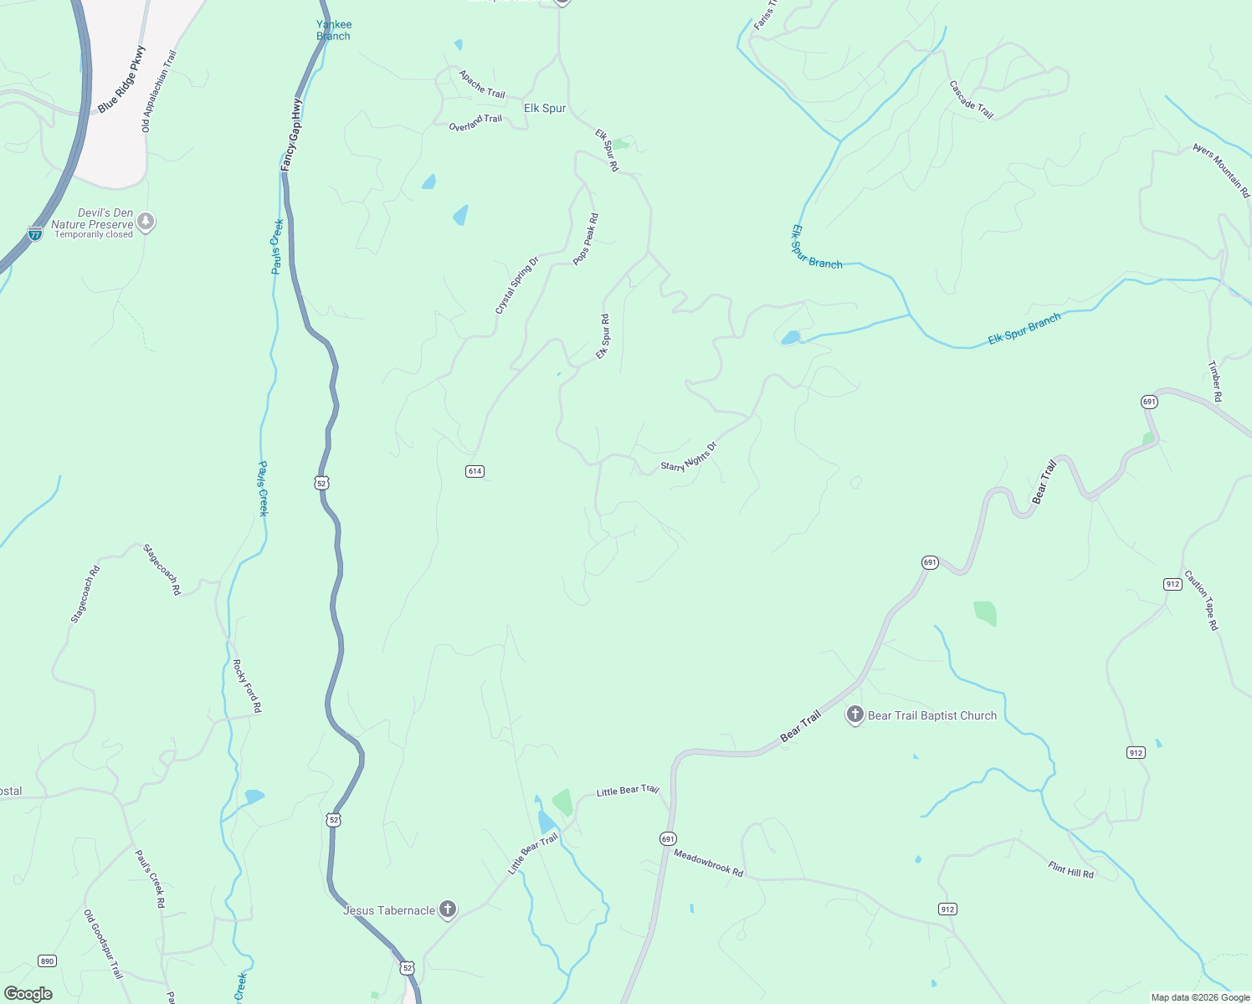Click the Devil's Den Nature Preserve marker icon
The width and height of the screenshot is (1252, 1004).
tap(146, 222)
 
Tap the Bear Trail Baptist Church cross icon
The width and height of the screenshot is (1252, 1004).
tap(854, 715)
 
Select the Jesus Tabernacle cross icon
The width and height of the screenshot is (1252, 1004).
tap(448, 909)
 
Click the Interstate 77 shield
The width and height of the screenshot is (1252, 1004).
tap(34, 233)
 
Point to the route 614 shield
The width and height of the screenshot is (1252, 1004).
tap(475, 471)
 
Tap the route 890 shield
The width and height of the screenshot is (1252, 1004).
tap(47, 960)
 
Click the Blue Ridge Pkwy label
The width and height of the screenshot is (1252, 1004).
tap(121, 80)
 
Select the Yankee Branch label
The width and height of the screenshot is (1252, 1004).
tap(334, 30)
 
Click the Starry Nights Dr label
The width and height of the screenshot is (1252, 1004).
tap(689, 457)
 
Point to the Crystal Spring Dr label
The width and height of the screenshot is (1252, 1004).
tap(517, 286)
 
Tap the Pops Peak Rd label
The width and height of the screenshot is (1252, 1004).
tap(586, 240)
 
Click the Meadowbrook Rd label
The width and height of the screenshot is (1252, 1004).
tap(708, 863)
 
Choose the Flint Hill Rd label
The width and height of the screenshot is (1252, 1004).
tap(1070, 869)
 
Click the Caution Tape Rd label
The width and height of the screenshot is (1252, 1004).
tap(1201, 600)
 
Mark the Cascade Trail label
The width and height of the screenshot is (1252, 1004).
tap(971, 100)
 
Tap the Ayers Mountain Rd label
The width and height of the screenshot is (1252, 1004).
tap(1221, 171)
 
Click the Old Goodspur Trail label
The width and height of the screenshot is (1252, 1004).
tap(103, 945)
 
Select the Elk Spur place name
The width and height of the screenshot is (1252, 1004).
tap(545, 108)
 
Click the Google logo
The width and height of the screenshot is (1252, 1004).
tap(28, 994)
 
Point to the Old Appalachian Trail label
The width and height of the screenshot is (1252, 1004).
tap(159, 91)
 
